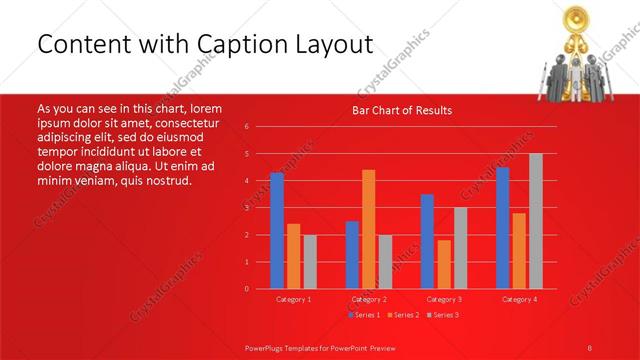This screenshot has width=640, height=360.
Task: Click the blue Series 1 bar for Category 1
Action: [277, 231]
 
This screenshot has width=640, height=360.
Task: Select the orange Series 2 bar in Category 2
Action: [368, 229]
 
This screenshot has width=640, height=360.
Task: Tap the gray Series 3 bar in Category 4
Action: [535, 221]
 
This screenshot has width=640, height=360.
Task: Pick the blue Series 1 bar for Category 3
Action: [427, 241]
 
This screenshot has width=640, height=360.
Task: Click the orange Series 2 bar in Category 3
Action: [443, 264]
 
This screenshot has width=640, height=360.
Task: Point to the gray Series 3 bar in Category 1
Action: [309, 262]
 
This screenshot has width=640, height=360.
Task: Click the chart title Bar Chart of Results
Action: [402, 110]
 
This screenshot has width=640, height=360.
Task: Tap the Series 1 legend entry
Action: [364, 315]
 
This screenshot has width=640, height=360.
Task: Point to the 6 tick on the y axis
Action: [247, 127]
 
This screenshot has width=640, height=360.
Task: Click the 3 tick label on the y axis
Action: [247, 208]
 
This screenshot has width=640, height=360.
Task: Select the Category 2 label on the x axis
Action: [368, 299]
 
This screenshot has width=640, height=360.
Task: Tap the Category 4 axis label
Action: [518, 299]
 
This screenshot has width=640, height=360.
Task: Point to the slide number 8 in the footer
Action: [590, 347]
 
